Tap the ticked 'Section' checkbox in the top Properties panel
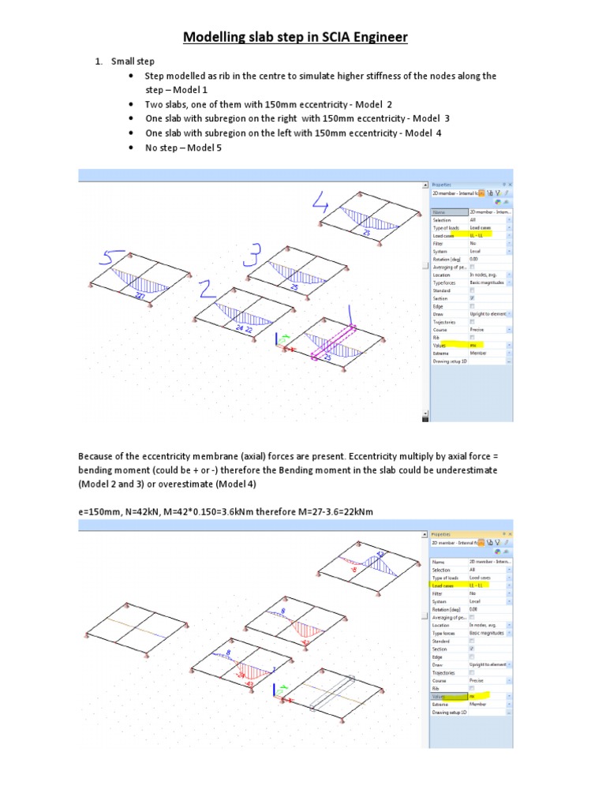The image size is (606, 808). (x=472, y=297)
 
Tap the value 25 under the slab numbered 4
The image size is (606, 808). (x=366, y=234)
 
